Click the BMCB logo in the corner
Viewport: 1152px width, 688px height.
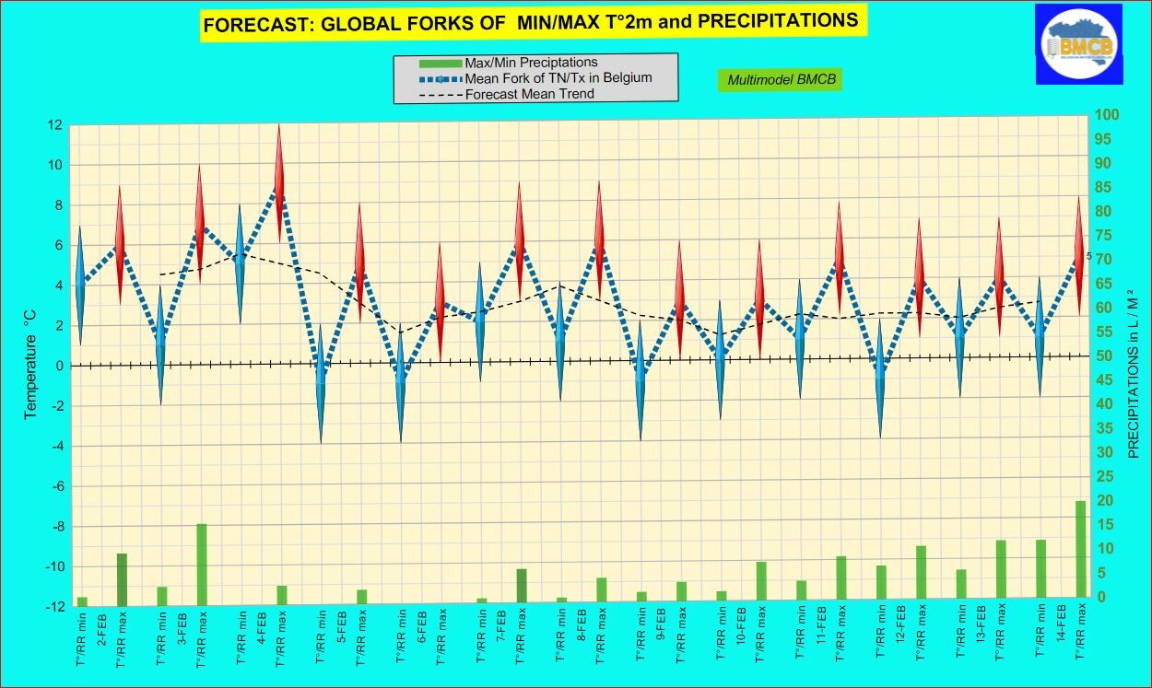[x=1077, y=43]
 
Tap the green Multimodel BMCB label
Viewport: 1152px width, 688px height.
[x=780, y=80]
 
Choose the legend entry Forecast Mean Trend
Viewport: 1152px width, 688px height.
[x=529, y=94]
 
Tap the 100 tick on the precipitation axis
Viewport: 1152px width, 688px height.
[x=1106, y=115]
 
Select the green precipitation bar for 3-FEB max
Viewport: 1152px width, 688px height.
[x=201, y=563]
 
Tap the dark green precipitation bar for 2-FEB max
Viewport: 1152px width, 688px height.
[x=122, y=577]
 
